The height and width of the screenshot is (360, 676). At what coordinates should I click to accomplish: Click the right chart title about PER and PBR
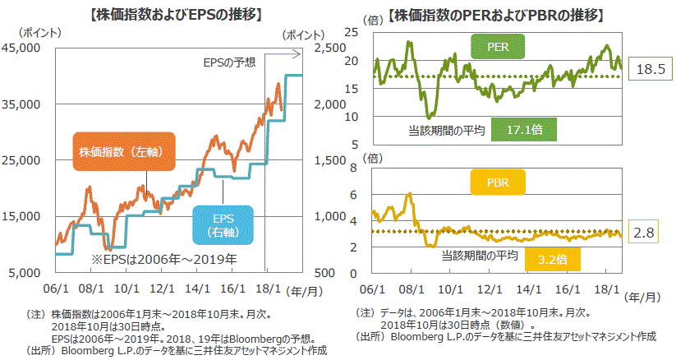(x=496, y=14)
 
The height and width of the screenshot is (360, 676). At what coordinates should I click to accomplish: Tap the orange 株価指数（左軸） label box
(x=125, y=153)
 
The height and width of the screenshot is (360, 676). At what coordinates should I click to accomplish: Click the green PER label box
(x=497, y=47)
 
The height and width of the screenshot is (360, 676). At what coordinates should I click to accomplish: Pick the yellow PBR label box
(x=497, y=182)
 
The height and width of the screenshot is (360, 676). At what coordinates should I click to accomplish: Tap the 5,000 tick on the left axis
(x=26, y=272)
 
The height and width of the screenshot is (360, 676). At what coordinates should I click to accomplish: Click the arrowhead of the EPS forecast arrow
(x=299, y=55)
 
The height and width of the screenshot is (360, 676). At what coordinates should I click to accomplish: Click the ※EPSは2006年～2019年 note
(x=163, y=260)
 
